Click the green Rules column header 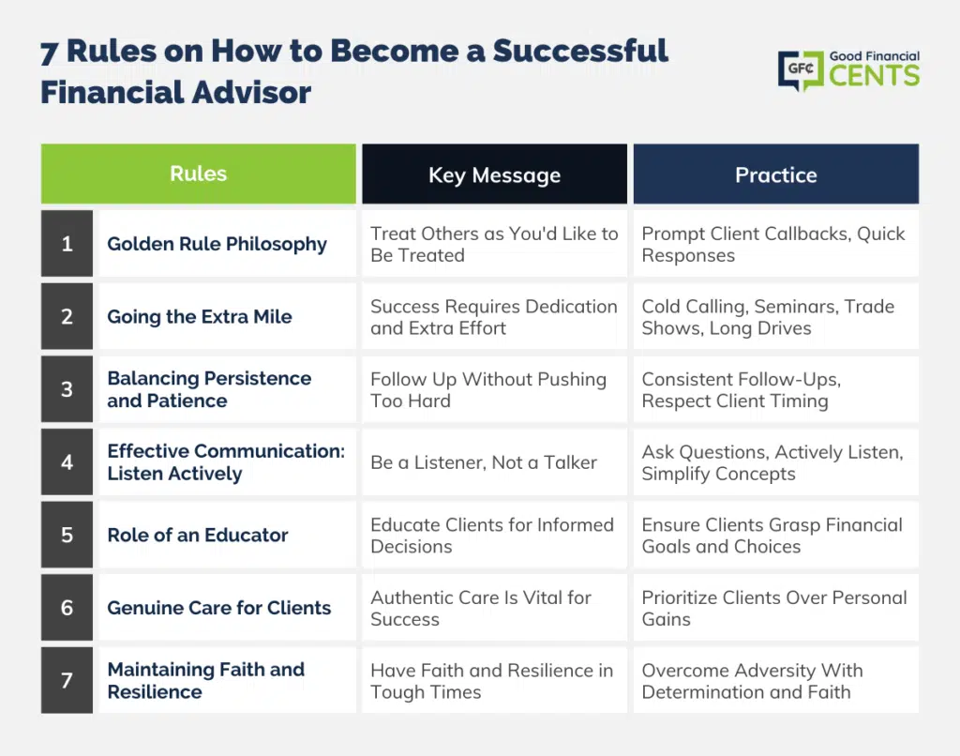click(x=199, y=174)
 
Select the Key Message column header click(x=495, y=174)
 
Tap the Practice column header click(x=775, y=174)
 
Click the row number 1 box click(x=67, y=243)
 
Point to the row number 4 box click(x=67, y=461)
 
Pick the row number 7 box click(x=67, y=680)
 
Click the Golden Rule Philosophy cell click(x=227, y=243)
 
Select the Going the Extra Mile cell click(x=227, y=316)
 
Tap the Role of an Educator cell click(x=227, y=535)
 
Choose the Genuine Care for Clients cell click(x=227, y=608)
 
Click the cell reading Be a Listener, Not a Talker click(x=495, y=461)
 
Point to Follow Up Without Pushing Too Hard click(x=495, y=389)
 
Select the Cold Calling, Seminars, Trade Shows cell click(x=775, y=316)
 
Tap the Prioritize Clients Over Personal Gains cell click(x=775, y=608)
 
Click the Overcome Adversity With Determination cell click(x=775, y=680)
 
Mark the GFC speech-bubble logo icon click(x=801, y=70)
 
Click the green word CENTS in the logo click(x=875, y=75)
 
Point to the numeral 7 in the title click(x=49, y=53)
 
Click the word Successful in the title click(x=580, y=51)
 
